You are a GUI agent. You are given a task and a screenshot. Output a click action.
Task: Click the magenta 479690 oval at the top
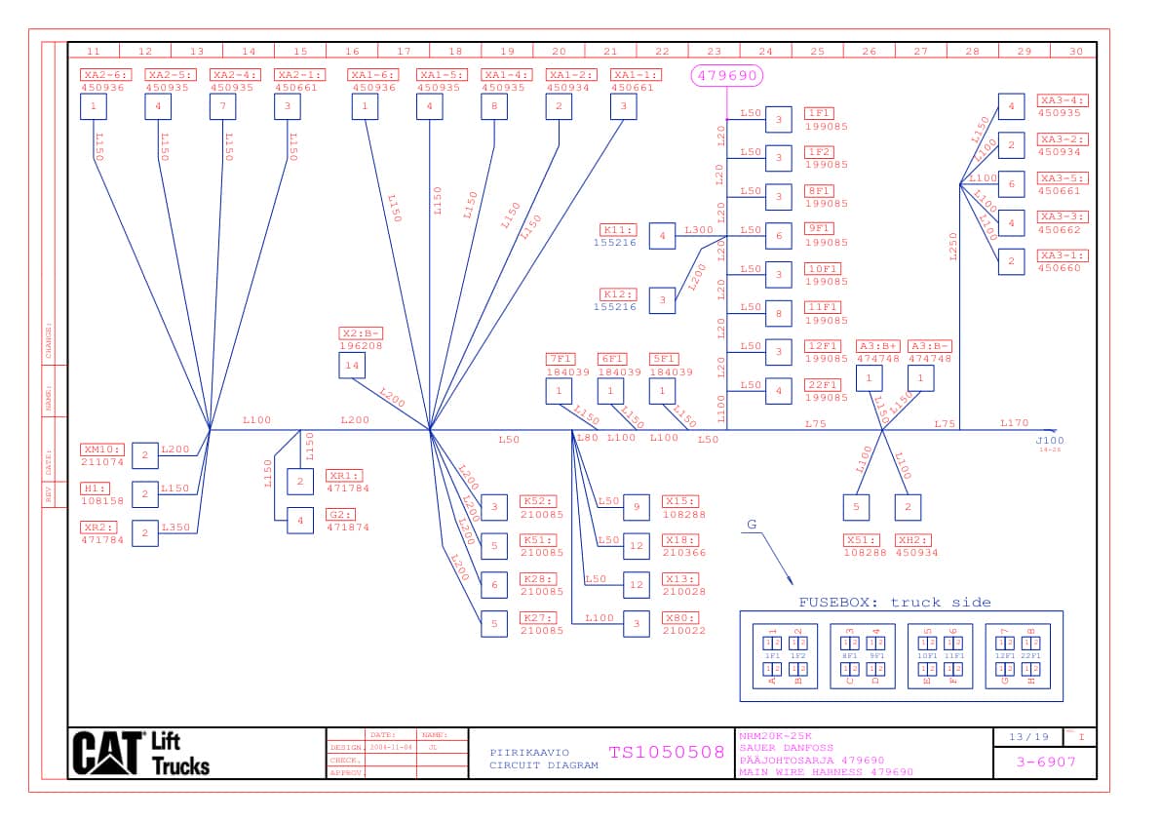(726, 75)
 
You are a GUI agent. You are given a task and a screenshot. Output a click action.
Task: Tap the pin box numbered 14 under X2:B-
(352, 367)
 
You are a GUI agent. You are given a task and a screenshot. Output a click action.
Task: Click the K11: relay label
(619, 230)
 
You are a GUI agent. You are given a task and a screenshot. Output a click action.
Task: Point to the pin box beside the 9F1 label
(778, 235)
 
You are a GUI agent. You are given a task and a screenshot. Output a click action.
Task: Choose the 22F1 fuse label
(822, 385)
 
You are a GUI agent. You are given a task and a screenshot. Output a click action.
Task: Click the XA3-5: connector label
(1063, 178)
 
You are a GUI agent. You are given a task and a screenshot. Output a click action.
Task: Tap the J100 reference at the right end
(1050, 441)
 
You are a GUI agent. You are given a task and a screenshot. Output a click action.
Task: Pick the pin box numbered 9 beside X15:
(636, 506)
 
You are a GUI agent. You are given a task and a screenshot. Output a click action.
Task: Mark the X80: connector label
(679, 618)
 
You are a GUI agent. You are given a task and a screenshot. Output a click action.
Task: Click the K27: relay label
(538, 618)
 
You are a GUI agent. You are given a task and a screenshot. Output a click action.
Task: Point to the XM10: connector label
(102, 450)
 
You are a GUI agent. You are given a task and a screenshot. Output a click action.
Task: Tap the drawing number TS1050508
(667, 752)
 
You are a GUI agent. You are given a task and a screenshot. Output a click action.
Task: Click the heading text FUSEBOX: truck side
(894, 602)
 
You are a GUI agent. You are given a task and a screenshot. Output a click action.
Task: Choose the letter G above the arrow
(752, 525)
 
